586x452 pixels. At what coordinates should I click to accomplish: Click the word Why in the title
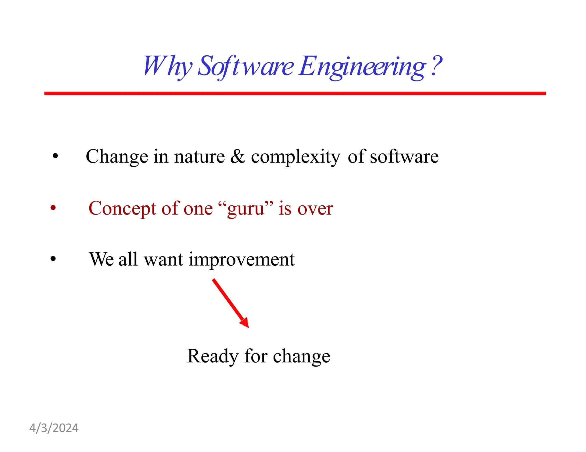tap(167, 66)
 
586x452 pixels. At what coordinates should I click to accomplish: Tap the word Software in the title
tap(246, 66)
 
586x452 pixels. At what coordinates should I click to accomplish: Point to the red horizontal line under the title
tap(295, 93)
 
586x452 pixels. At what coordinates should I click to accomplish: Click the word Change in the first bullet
tap(117, 157)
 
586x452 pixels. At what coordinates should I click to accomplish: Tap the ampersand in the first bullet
tap(237, 157)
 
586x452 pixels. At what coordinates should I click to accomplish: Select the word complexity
tap(296, 157)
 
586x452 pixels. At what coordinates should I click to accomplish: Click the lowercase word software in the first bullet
tap(404, 157)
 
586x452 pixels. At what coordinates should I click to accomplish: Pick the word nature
tap(199, 157)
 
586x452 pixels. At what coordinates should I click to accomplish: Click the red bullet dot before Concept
tap(53, 208)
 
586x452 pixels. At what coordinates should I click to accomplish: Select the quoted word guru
tap(246, 209)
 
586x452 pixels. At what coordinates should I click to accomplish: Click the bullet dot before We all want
tap(53, 259)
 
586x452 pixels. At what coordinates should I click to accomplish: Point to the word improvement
tap(241, 260)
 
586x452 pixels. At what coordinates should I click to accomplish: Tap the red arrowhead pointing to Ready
tap(245, 323)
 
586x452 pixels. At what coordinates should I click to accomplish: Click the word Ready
tap(213, 357)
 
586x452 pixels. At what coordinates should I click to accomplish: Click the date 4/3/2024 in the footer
tap(54, 428)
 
